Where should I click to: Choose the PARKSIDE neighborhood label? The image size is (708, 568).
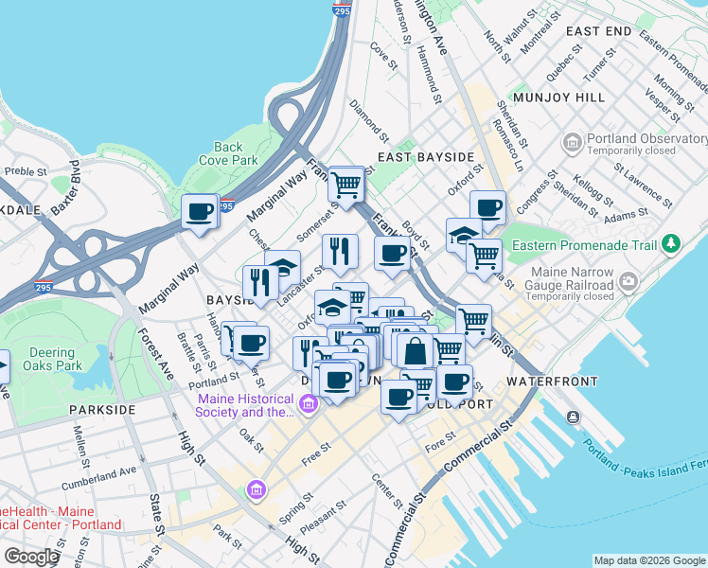(x=102, y=410)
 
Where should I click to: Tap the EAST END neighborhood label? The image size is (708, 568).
(x=598, y=31)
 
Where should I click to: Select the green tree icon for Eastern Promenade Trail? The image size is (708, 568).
(x=672, y=244)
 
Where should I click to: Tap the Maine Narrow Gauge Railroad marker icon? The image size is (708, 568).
(x=627, y=281)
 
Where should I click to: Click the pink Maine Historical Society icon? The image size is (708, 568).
(x=308, y=405)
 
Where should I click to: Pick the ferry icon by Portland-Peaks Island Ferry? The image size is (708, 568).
(x=574, y=417)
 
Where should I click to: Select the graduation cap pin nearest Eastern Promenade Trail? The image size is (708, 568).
(x=464, y=236)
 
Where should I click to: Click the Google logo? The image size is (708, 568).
(x=31, y=556)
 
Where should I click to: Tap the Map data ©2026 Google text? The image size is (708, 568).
(x=648, y=559)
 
